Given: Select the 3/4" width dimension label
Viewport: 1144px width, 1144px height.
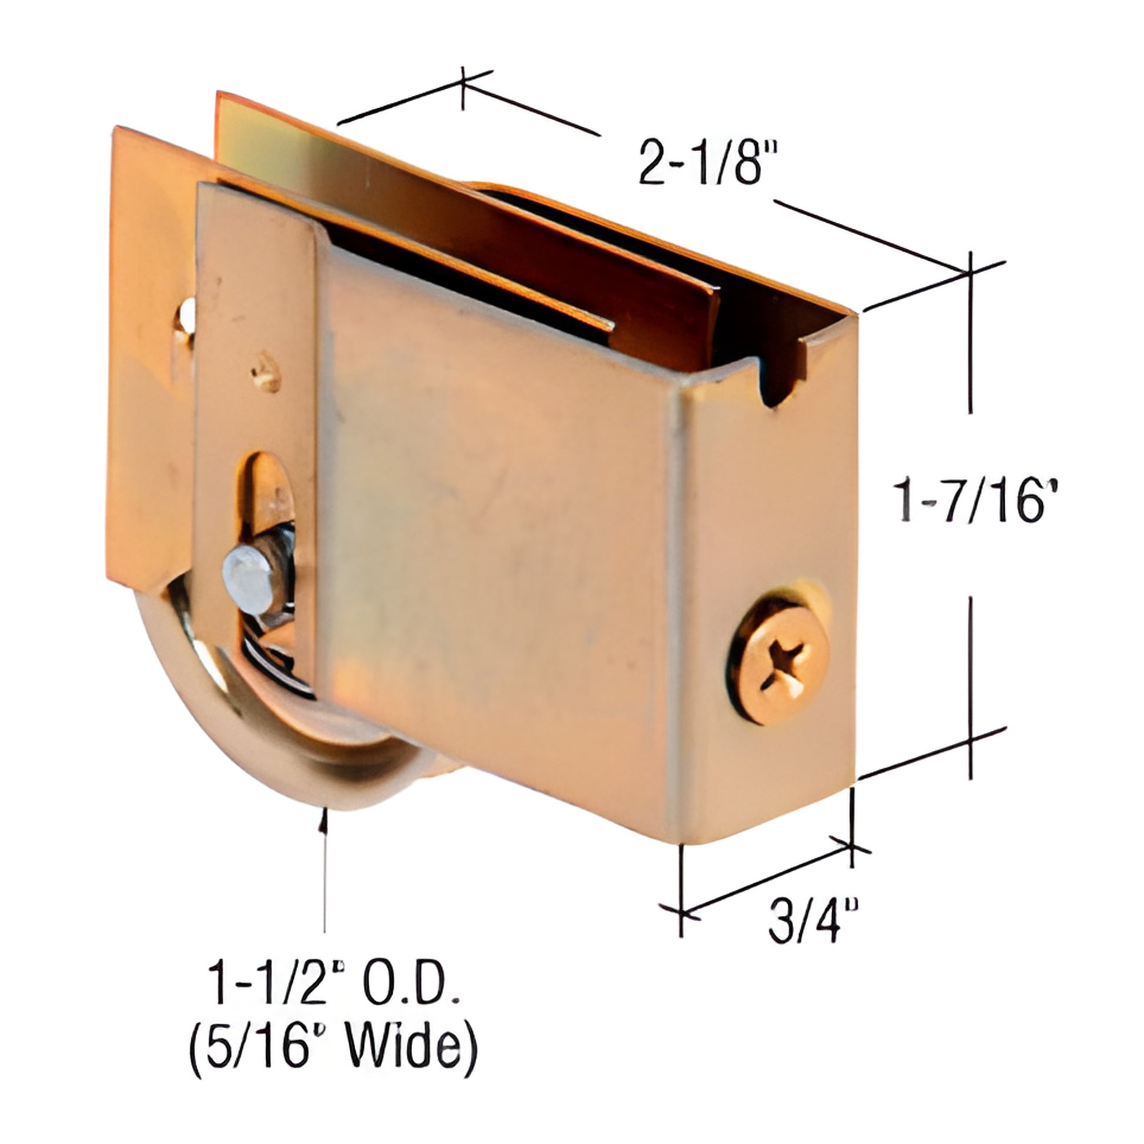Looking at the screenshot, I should [812, 921].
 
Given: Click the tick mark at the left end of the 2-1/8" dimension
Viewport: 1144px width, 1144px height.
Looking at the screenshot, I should [463, 88].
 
